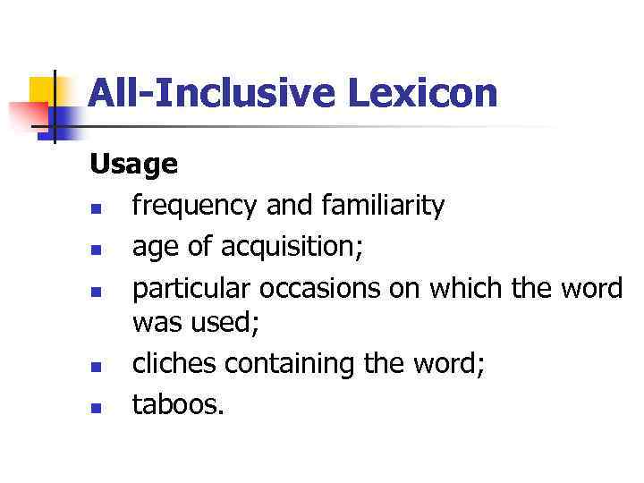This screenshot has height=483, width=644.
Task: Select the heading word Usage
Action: (133, 165)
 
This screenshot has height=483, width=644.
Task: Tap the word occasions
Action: (323, 288)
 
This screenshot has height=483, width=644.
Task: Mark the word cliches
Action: (174, 364)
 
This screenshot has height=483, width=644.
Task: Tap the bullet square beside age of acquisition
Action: (96, 252)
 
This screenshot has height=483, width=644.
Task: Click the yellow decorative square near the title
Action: (43, 89)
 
